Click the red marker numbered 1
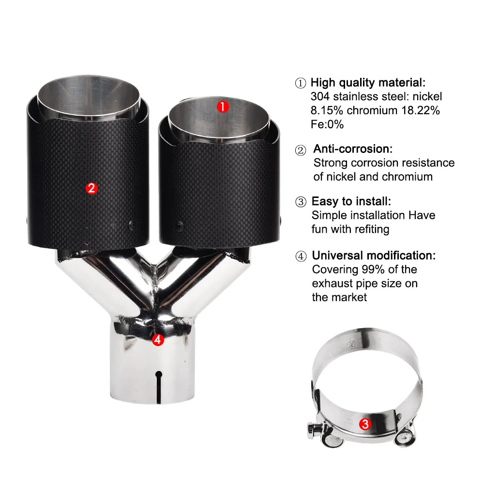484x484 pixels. (223, 107)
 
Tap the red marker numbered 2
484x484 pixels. (91, 188)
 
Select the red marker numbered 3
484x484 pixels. (365, 424)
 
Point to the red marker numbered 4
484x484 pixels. (158, 340)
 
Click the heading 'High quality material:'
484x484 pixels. (368, 83)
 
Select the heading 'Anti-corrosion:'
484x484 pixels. (353, 149)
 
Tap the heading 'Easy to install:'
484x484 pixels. (351, 201)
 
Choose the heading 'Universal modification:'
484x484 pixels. (374, 256)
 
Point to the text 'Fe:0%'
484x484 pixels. (327, 124)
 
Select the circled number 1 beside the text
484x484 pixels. (301, 83)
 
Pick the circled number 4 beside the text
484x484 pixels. (301, 256)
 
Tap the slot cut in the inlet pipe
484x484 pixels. (159, 387)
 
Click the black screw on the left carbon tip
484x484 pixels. (132, 225)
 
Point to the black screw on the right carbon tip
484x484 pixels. (180, 226)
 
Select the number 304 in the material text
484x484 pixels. (320, 96)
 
